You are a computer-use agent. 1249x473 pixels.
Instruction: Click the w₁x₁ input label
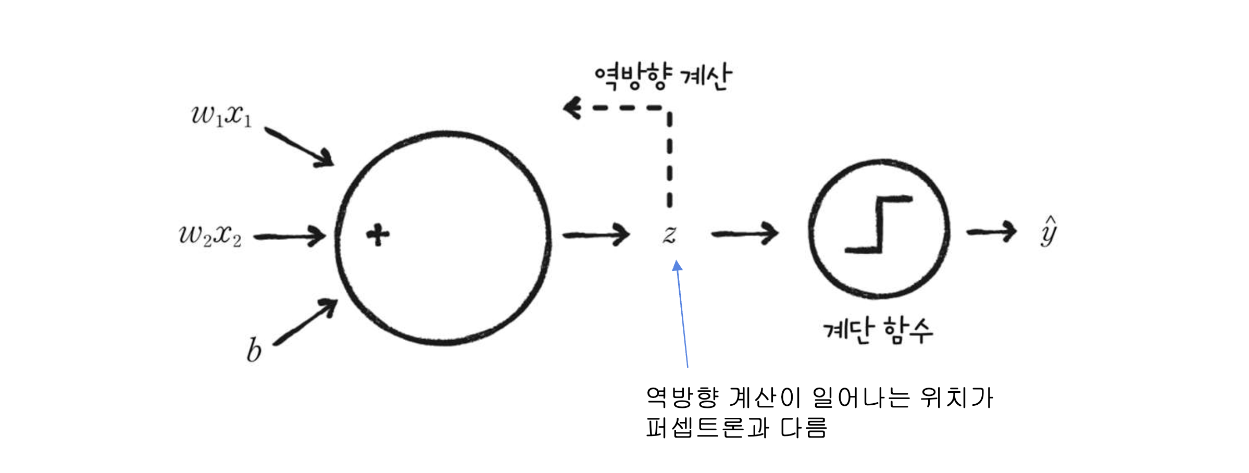(221, 115)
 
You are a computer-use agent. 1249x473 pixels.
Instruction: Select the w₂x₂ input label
(210, 235)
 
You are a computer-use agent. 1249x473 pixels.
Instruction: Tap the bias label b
(254, 350)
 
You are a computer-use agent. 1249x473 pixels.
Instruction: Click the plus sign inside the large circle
(378, 235)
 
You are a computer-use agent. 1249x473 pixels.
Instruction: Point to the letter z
(669, 234)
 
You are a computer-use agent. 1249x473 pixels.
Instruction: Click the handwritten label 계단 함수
(878, 330)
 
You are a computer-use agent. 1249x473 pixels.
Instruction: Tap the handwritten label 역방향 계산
(663, 77)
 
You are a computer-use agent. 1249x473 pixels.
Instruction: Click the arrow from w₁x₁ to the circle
(299, 147)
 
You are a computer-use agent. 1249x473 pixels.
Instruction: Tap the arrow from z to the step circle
(745, 234)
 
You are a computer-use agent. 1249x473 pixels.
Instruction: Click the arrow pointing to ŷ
(991, 231)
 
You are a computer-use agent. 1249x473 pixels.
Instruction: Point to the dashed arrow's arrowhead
(572, 108)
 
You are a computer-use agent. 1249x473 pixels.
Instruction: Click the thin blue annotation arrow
(682, 315)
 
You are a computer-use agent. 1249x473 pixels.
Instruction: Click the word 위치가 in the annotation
(957, 397)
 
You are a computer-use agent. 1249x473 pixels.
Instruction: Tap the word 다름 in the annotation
(803, 428)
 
